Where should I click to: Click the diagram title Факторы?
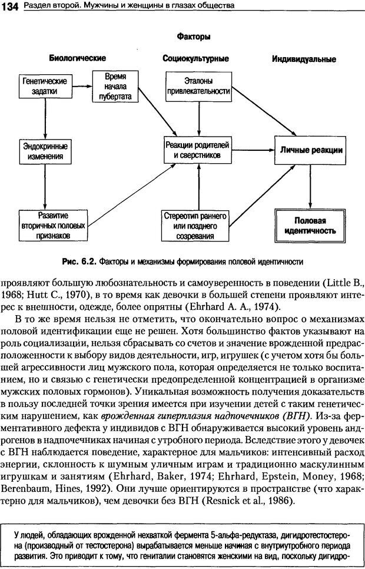click(x=194, y=37)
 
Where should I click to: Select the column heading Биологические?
click(x=77, y=58)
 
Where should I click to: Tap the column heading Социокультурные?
click(x=195, y=58)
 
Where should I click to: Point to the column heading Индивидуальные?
click(x=304, y=59)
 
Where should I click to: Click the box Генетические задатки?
click(x=45, y=87)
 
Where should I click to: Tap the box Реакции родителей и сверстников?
click(x=197, y=150)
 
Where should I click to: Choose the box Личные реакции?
click(x=311, y=150)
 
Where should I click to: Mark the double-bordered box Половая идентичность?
click(x=311, y=226)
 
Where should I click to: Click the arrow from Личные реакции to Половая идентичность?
click(x=311, y=186)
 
